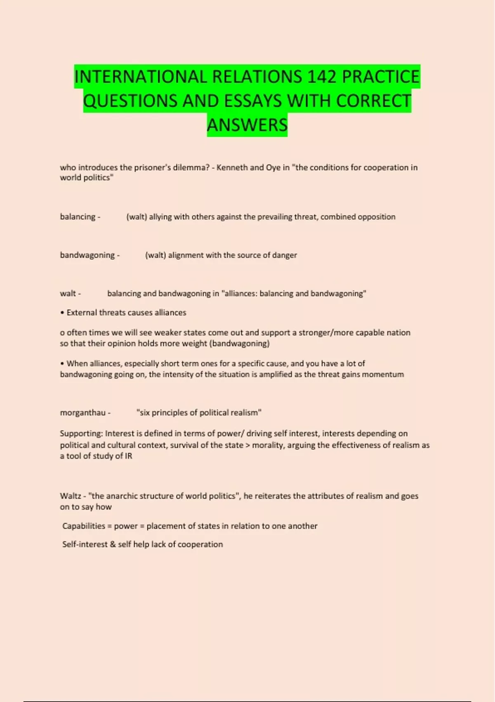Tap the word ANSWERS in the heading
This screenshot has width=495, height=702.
(247, 125)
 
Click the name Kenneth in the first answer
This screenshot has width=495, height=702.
(232, 168)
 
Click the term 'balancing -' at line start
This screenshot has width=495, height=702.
(80, 217)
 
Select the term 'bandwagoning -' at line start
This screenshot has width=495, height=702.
(90, 255)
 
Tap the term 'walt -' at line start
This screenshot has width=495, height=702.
(70, 294)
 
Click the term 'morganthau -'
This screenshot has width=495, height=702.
(85, 413)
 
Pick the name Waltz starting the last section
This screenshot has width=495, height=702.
(71, 496)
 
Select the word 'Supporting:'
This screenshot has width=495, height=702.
(81, 434)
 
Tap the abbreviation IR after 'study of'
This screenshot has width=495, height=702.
(129, 456)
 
